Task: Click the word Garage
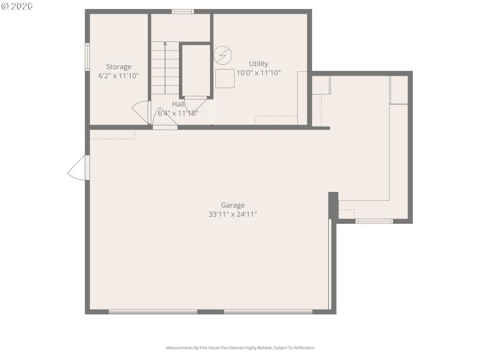tap(232, 205)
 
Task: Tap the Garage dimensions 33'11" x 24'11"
tap(232, 214)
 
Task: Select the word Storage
tap(119, 67)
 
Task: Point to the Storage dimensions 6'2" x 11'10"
tap(119, 76)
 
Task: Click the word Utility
tap(259, 64)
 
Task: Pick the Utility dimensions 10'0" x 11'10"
tap(259, 73)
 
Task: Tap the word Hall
tap(178, 104)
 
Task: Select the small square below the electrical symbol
tap(225, 79)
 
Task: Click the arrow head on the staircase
tap(165, 44)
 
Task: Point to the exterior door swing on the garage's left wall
tap(78, 169)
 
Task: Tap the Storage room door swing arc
tap(140, 112)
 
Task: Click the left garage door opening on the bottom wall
tap(153, 311)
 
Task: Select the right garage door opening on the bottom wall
tap(268, 311)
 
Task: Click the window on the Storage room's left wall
tap(87, 57)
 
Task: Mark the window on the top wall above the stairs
tap(182, 11)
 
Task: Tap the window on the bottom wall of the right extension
tap(374, 221)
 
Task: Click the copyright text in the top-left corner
tap(17, 6)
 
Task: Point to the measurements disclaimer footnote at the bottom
tap(240, 347)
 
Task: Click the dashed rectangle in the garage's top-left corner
tap(112, 134)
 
